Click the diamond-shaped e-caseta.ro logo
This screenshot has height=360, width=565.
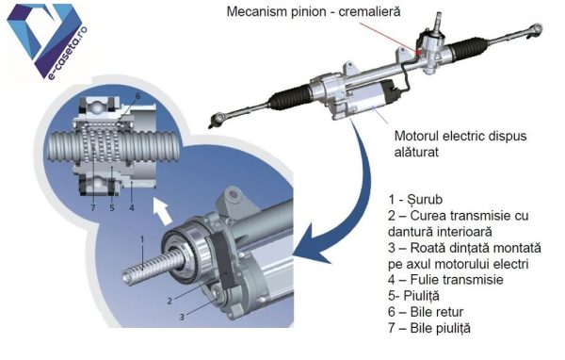click(x=47, y=40)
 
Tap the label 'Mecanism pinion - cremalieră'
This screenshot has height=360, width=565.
click(x=314, y=11)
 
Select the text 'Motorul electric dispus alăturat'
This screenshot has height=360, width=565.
click(x=460, y=143)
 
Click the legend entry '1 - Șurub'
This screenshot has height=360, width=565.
click(x=415, y=199)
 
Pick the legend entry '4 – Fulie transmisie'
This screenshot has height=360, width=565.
click(x=445, y=280)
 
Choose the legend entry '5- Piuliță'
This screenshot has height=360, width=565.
click(x=413, y=296)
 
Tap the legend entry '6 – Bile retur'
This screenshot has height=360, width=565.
click(x=426, y=312)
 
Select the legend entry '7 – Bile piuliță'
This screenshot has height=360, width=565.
click(x=429, y=328)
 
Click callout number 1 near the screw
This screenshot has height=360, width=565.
click(x=142, y=239)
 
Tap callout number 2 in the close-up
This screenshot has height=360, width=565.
click(x=169, y=301)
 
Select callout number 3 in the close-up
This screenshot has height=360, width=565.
click(x=182, y=317)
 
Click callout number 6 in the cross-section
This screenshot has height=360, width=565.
click(x=137, y=96)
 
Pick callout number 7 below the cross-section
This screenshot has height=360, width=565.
click(x=93, y=207)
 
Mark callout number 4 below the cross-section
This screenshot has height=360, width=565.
click(x=132, y=207)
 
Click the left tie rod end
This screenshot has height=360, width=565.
click(x=217, y=120)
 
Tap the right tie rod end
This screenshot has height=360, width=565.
click(x=536, y=29)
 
